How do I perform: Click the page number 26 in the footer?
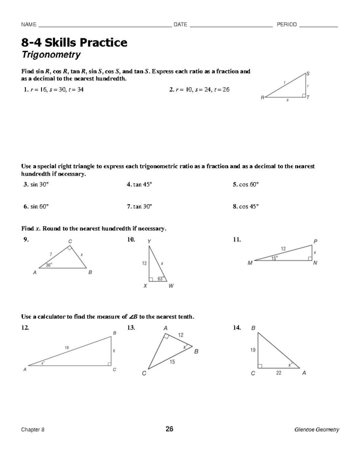point(169,429)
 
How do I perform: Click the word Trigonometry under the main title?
point(51,55)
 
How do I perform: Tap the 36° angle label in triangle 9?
point(49,265)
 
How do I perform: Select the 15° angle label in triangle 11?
point(274,258)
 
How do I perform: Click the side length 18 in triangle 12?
point(67,348)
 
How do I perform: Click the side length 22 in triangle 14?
point(279,373)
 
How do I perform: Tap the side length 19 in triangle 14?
point(253,350)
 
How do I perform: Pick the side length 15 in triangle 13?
point(172,362)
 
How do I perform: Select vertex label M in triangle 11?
point(250,263)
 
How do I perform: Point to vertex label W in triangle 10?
point(171,286)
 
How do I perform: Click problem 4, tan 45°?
point(139,185)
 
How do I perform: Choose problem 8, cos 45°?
point(246,206)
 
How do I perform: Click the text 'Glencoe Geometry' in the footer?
point(316,429)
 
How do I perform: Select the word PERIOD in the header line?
point(286,25)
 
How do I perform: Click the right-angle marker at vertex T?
point(304,95)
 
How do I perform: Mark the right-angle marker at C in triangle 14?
point(260,366)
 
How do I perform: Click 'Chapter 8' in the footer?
point(33,429)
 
